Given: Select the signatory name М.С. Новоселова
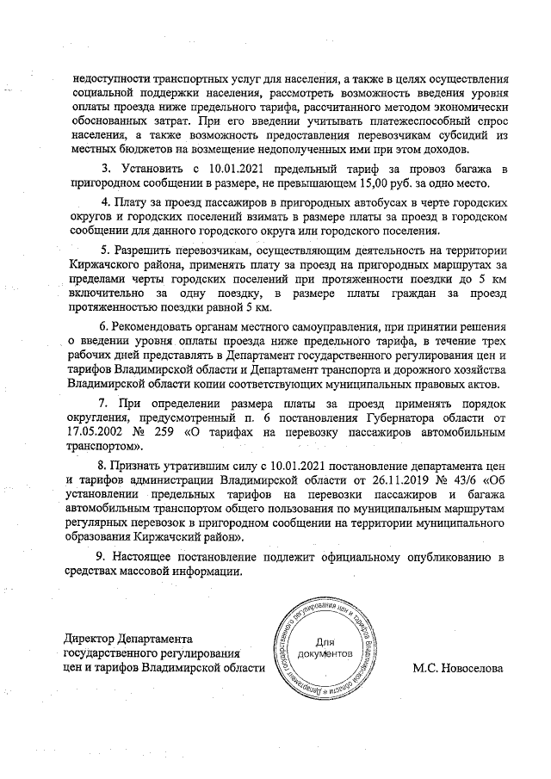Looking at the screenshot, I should pos(457,667).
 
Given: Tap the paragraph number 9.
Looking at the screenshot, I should pos(100,557).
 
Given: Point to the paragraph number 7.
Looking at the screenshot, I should pos(102,402).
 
